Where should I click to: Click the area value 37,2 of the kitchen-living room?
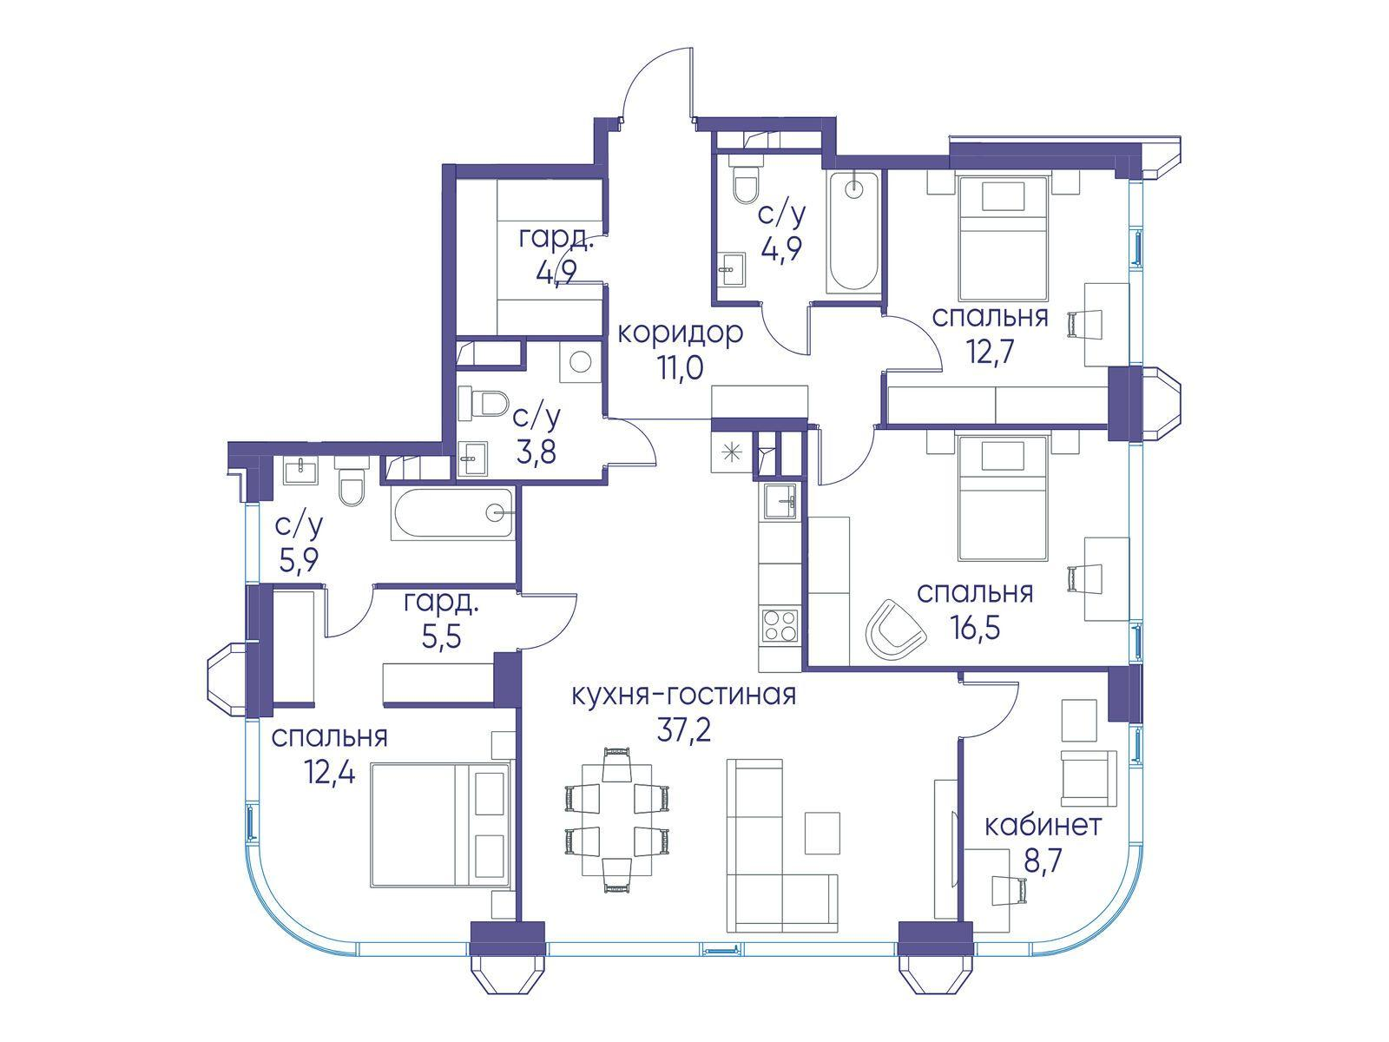point(683,731)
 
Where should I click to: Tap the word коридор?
point(680,333)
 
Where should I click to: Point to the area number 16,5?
point(975,628)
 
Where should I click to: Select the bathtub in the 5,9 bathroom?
point(453,513)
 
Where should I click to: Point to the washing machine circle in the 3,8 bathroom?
point(580,362)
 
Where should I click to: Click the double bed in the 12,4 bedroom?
point(440,824)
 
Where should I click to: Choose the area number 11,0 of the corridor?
point(680,367)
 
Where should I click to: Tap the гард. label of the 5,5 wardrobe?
point(441,604)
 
